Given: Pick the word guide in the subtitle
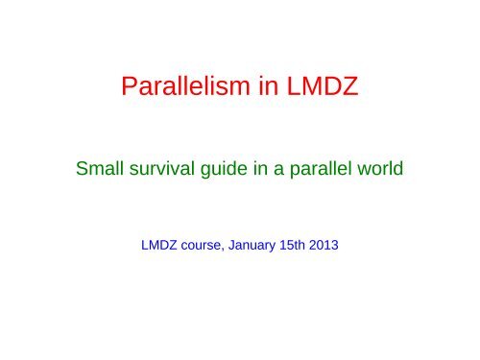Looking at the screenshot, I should [x=218, y=175].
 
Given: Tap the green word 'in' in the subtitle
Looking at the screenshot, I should [x=253, y=174].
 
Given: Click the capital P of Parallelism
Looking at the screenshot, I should [x=132, y=92].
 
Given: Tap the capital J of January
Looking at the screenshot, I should [x=241, y=243].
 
